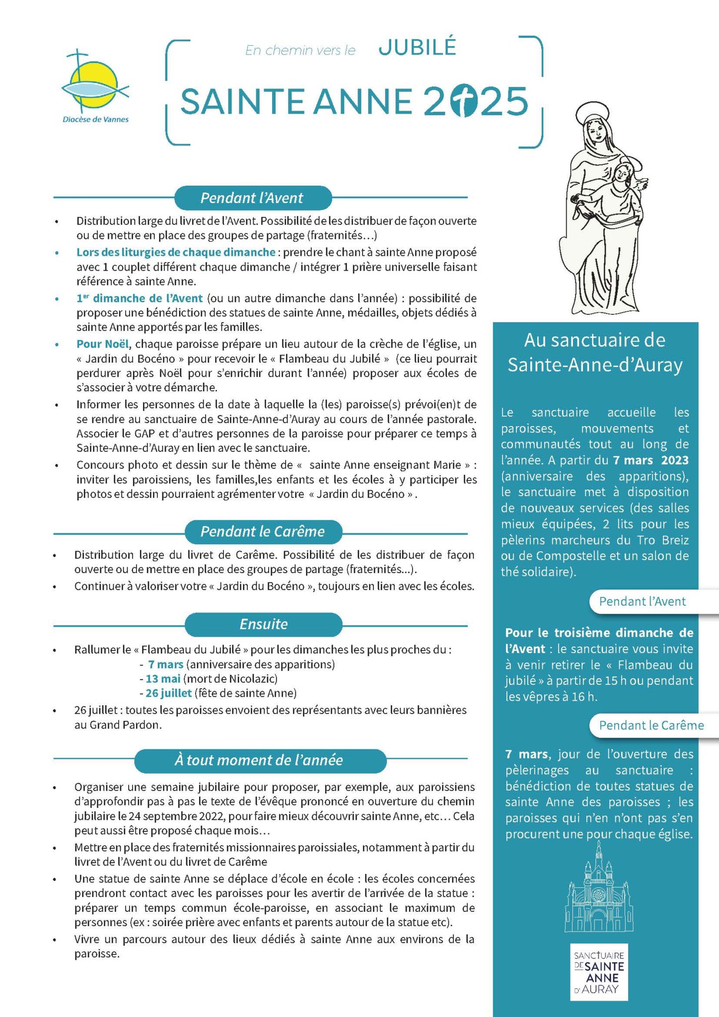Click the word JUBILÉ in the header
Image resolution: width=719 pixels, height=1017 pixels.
point(417,48)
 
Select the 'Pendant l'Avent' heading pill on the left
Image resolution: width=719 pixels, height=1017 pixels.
point(252,198)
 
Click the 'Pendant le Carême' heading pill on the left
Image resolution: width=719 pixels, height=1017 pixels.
point(263,532)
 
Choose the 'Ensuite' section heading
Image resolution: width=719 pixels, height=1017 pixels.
point(263,624)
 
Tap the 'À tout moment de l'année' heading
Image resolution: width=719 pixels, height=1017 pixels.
point(259,760)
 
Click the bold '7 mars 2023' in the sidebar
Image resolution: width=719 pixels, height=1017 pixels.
point(650,460)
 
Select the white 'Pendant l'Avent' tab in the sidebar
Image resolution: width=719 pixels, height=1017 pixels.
point(643,602)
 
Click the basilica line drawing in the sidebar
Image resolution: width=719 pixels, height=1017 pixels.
point(599,889)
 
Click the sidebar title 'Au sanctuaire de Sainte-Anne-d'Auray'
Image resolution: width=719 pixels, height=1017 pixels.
point(595,353)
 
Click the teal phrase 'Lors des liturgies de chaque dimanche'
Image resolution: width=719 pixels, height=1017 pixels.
point(176,252)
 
